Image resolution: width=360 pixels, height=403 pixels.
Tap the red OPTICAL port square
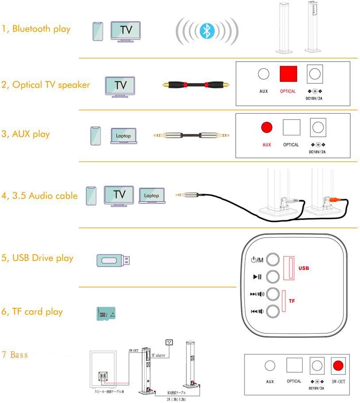click(x=288, y=74)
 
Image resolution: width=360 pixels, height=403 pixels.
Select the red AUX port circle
click(x=266, y=128)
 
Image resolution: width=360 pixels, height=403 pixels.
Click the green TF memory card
click(x=106, y=313)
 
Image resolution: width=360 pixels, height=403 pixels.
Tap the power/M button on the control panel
click(x=274, y=259)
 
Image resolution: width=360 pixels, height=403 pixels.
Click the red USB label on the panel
click(x=304, y=268)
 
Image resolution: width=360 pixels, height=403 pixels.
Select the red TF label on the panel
click(x=292, y=301)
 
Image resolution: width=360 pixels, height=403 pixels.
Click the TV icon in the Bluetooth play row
click(x=126, y=31)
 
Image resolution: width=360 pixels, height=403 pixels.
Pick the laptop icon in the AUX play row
click(x=124, y=136)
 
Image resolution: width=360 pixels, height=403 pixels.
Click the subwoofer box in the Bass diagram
click(x=104, y=370)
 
